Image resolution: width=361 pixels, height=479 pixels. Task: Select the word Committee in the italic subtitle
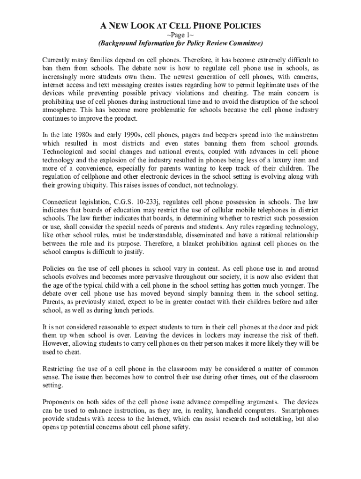coord(242,44)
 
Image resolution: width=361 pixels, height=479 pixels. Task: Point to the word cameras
coord(303,77)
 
